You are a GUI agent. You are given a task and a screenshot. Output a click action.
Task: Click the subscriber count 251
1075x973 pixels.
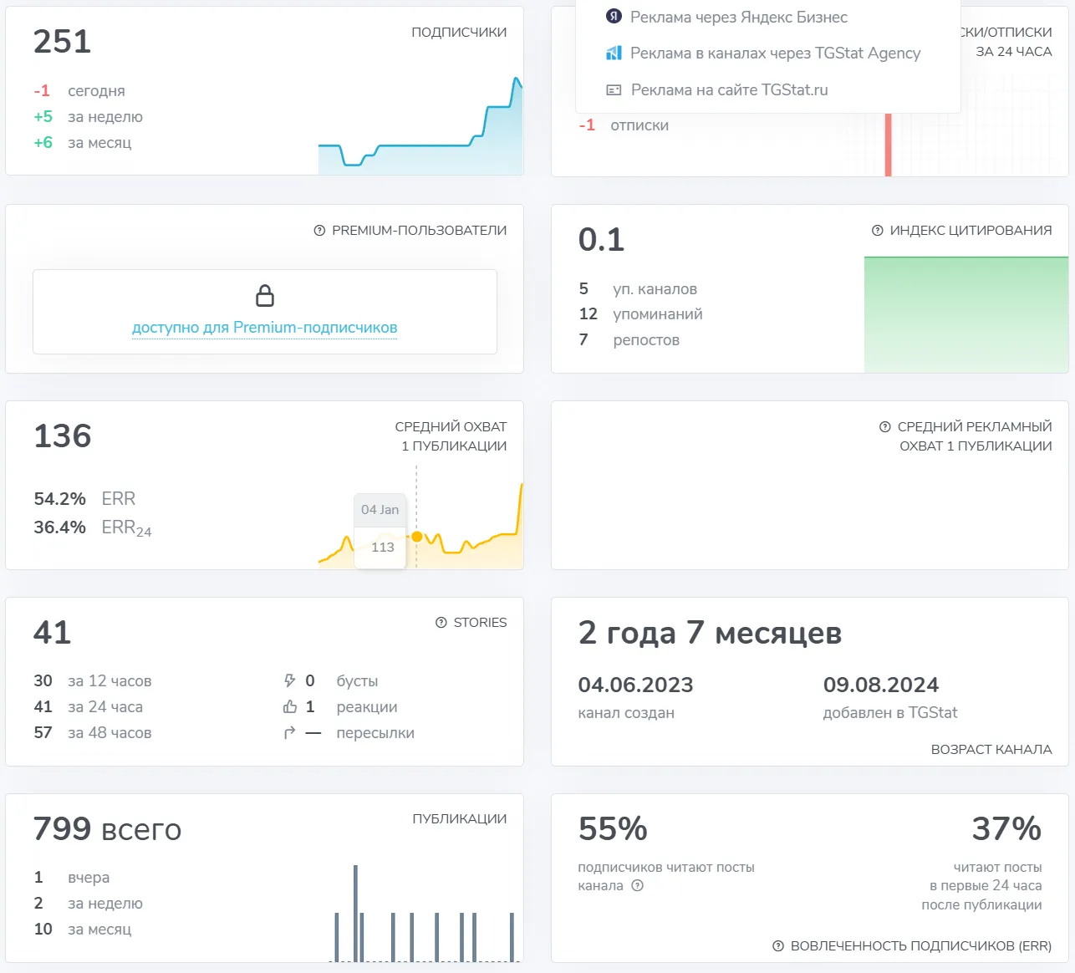pyautogui.click(x=62, y=41)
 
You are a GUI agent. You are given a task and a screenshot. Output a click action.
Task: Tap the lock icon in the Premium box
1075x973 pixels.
pyautogui.click(x=265, y=295)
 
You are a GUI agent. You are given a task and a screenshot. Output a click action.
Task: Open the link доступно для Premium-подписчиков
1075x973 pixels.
pyautogui.click(x=265, y=327)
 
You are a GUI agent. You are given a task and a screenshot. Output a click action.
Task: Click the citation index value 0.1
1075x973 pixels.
pyautogui.click(x=601, y=239)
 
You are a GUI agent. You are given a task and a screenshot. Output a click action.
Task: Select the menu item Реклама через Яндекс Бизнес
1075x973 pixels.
pyautogui.click(x=739, y=18)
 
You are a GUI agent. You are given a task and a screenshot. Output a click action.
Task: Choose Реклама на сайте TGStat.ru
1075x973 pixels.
pyautogui.click(x=730, y=89)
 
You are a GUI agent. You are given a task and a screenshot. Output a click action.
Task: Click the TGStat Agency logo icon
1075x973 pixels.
pyautogui.click(x=614, y=53)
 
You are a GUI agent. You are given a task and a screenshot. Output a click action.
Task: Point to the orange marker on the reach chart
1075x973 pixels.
pyautogui.click(x=417, y=537)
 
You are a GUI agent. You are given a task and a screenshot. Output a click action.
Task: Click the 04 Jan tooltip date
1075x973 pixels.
pyautogui.click(x=380, y=509)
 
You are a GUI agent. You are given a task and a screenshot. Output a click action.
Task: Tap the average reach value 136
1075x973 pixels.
pyautogui.click(x=63, y=436)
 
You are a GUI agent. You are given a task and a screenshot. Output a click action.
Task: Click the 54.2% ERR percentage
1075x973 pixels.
pyautogui.click(x=59, y=498)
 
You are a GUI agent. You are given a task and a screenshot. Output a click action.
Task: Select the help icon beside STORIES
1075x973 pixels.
pyautogui.click(x=441, y=623)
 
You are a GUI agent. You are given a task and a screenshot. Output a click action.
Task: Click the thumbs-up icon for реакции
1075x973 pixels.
pyautogui.click(x=290, y=706)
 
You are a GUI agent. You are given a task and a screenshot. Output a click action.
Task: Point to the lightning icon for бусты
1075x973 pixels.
pyautogui.click(x=289, y=680)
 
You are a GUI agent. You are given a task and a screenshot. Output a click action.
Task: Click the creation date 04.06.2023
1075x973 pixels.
pyautogui.click(x=635, y=685)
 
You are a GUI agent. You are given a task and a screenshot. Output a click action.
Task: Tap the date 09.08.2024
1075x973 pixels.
pyautogui.click(x=881, y=685)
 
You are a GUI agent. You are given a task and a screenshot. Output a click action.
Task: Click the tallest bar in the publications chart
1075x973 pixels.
pyautogui.click(x=355, y=913)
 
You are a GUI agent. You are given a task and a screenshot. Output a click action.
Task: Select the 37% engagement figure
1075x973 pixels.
pyautogui.click(x=1006, y=828)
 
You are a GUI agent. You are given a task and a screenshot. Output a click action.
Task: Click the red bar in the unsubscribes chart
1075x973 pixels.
pyautogui.click(x=888, y=145)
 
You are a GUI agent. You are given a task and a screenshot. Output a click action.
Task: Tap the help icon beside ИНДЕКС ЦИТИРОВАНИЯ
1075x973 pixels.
pyautogui.click(x=877, y=231)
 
